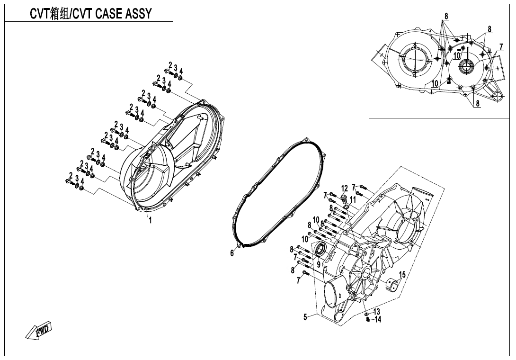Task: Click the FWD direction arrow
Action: click(x=39, y=330)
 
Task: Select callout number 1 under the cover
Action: click(x=151, y=220)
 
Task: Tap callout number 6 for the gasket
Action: click(x=232, y=253)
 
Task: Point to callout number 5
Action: click(x=305, y=317)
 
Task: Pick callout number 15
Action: click(x=402, y=275)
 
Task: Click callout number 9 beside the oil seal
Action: click(x=319, y=264)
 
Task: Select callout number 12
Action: click(x=344, y=189)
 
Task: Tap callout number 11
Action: click(x=353, y=199)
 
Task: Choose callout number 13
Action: click(x=377, y=312)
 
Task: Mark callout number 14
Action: click(x=378, y=319)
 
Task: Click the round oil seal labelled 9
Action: click(x=320, y=249)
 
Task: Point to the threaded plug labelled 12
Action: click(x=344, y=198)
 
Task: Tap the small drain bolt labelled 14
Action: click(x=368, y=319)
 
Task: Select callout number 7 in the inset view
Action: click(x=501, y=47)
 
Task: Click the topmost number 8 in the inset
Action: click(x=446, y=16)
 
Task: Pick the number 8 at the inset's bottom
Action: click(x=478, y=103)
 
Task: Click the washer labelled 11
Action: click(x=347, y=207)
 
